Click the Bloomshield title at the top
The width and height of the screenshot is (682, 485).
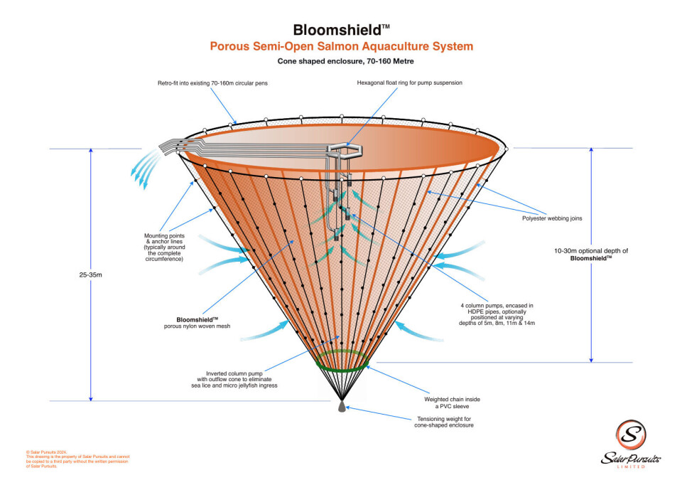tap(341, 30)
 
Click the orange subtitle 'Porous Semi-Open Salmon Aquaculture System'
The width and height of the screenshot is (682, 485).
tap(341, 47)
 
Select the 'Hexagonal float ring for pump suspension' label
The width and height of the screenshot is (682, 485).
tap(410, 83)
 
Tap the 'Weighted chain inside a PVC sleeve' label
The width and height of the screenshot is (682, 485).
tap(452, 403)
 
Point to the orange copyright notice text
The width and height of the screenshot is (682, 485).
tap(75, 459)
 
